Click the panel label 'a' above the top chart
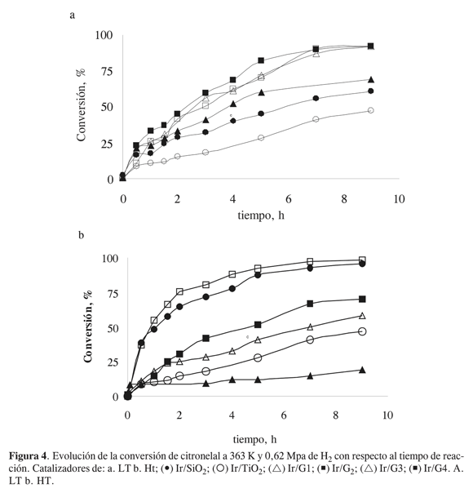pyautogui.click(x=73, y=15)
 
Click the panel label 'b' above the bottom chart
pyautogui.click(x=81, y=234)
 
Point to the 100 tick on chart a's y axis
pyautogui.click(x=104, y=35)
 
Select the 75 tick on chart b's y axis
pyautogui.click(x=110, y=294)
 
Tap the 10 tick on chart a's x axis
pyautogui.click(x=399, y=199)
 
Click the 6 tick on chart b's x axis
pyautogui.click(x=284, y=415)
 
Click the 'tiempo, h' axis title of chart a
pyautogui.click(x=261, y=215)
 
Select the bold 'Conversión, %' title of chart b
pyautogui.click(x=88, y=326)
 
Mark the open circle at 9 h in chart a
pyautogui.click(x=370, y=110)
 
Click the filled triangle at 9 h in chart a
pyautogui.click(x=370, y=79)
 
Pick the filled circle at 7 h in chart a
pyautogui.click(x=316, y=98)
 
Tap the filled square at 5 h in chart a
pyautogui.click(x=261, y=60)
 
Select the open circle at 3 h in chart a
pyautogui.click(x=206, y=152)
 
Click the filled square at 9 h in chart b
pyautogui.click(x=362, y=299)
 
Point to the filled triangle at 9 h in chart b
pyautogui.click(x=362, y=370)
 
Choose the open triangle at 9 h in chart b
pyautogui.click(x=362, y=316)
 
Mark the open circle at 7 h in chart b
pyautogui.click(x=310, y=340)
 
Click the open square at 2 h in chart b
pyautogui.click(x=179, y=291)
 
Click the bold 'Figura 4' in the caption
pyautogui.click(x=28, y=455)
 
